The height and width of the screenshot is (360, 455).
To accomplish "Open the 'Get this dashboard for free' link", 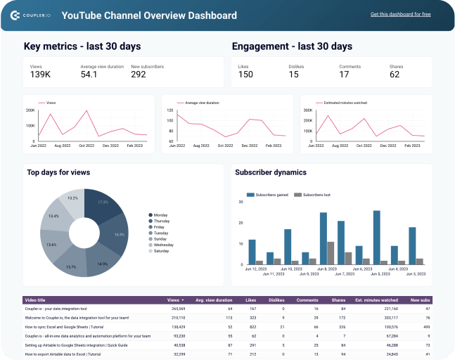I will coord(400,14).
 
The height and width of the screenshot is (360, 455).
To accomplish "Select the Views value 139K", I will coord(40,75).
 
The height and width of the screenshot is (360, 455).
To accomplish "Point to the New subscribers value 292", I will coord(139,75).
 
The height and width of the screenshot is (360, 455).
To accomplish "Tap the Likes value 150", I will coord(245,75).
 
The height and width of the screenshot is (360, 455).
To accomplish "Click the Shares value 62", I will coord(395,75).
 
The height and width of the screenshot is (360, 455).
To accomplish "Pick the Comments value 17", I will coord(344,75).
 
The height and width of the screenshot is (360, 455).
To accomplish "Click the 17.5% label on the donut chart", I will coord(103,202).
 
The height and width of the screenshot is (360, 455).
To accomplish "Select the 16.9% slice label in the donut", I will coord(119,235).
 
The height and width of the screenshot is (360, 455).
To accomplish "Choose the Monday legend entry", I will coord(160,215).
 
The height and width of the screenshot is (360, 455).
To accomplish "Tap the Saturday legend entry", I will coord(161,251).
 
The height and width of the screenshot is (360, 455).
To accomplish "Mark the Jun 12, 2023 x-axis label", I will coord(255,269).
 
